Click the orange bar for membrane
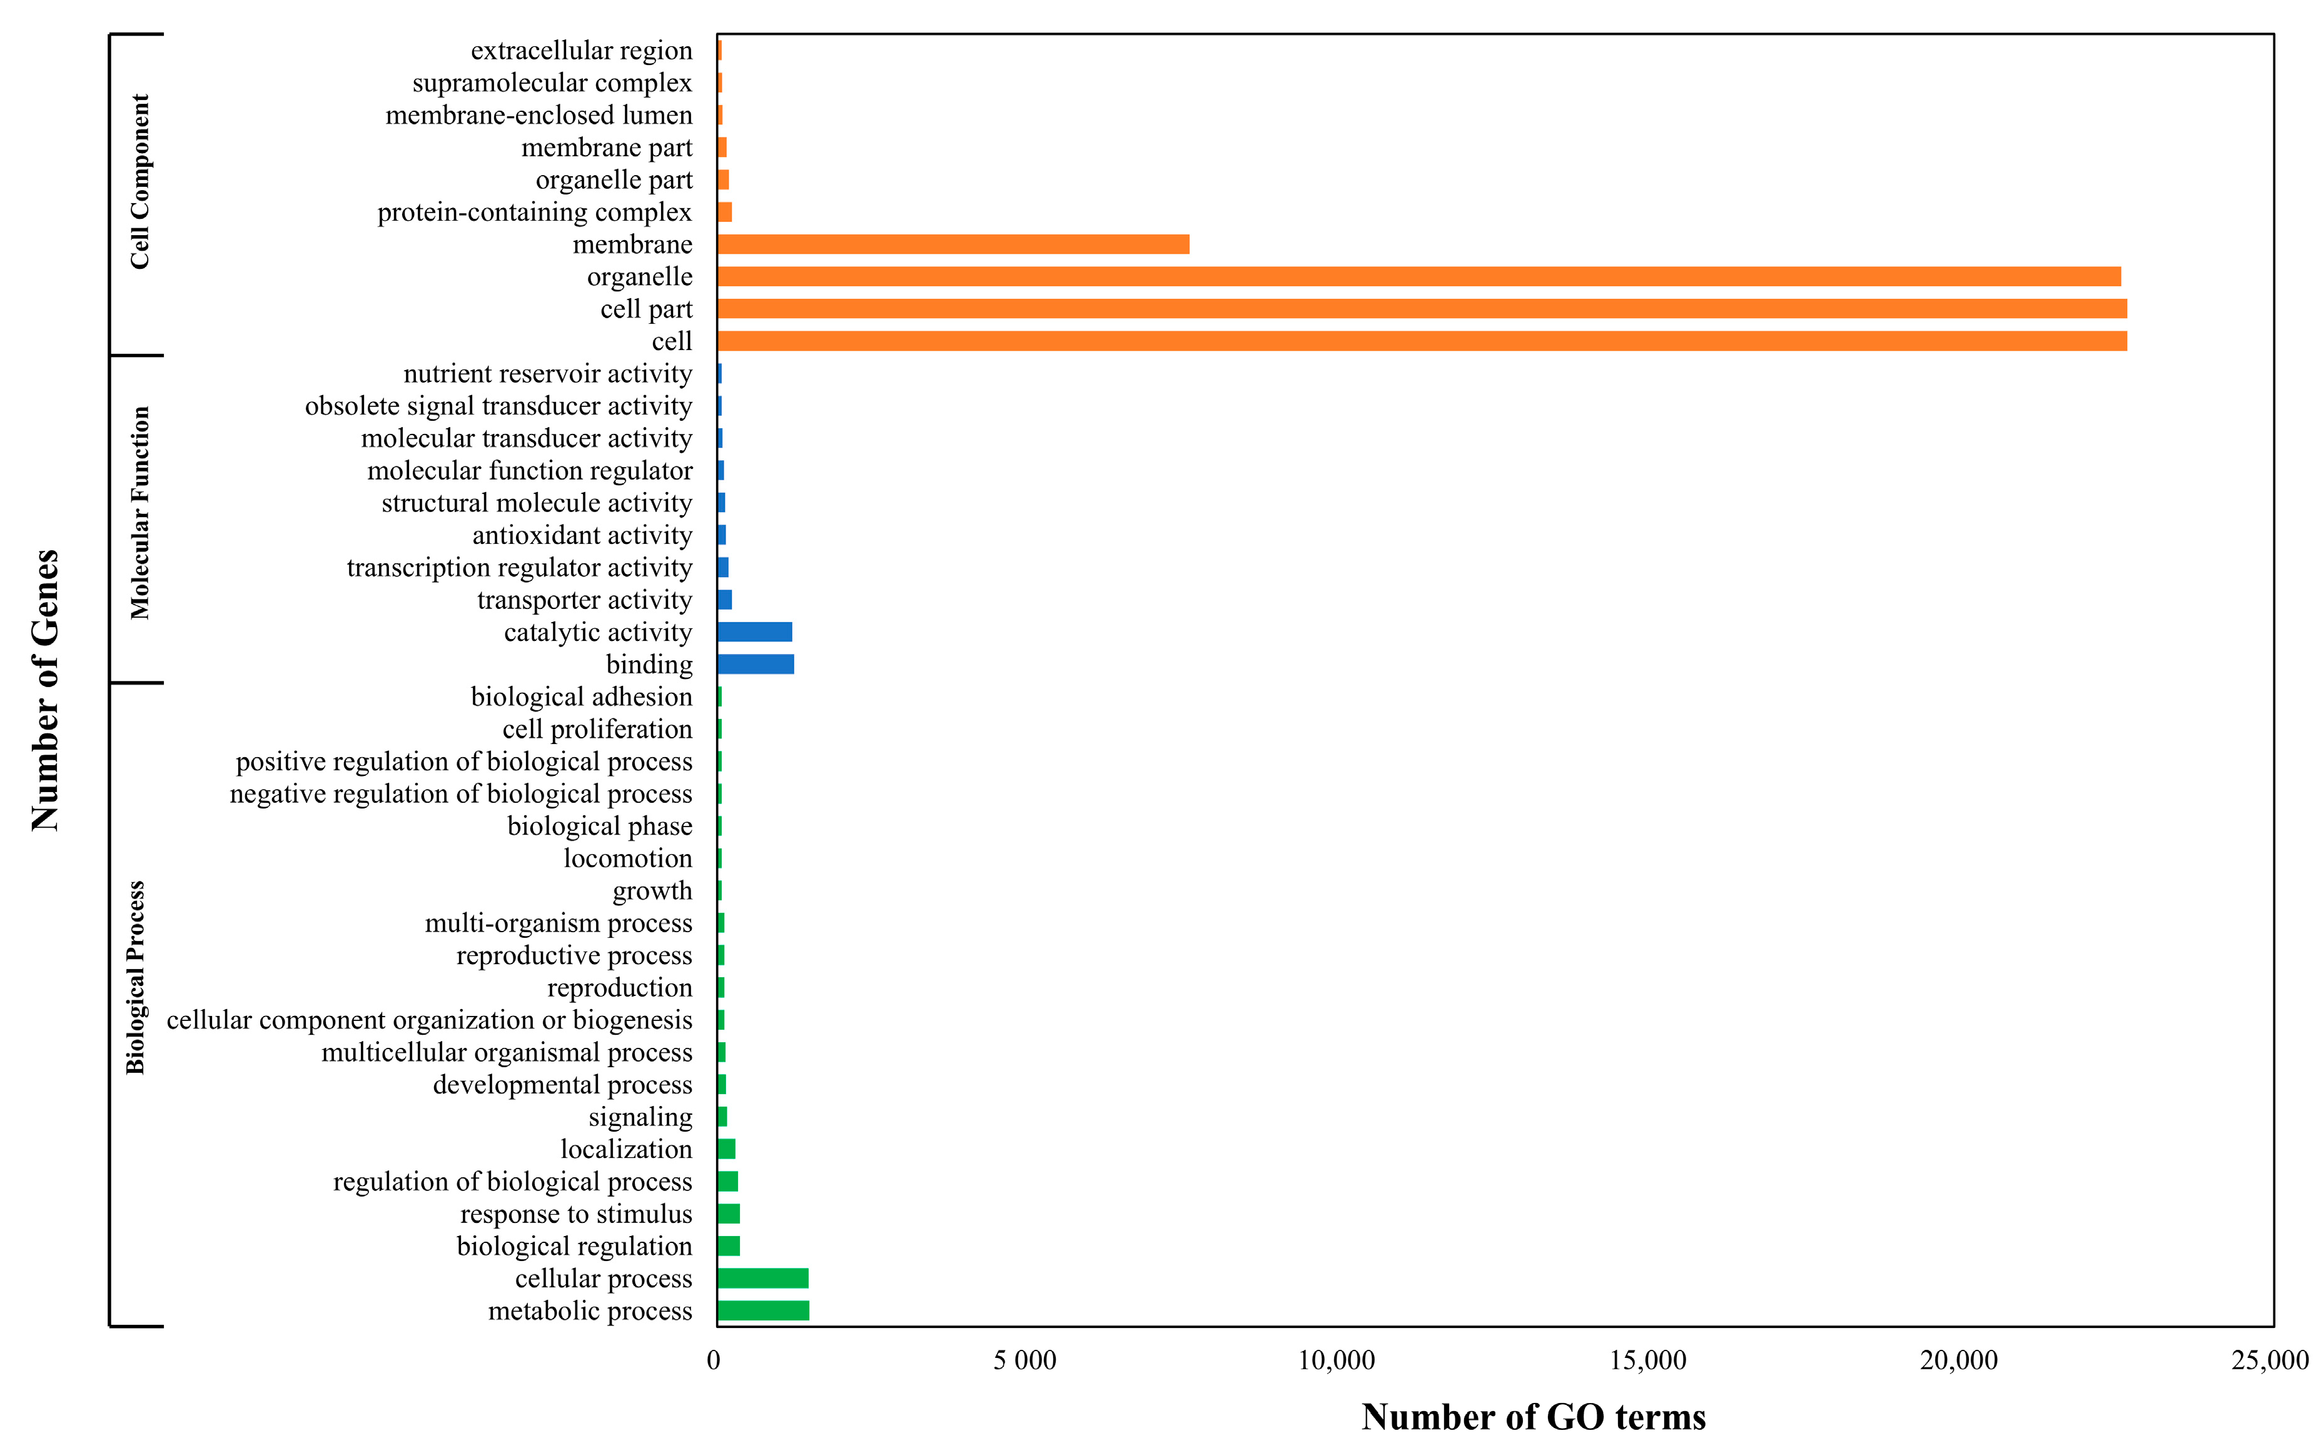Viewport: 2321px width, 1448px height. tap(953, 244)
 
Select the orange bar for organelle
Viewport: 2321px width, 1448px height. tap(1418, 277)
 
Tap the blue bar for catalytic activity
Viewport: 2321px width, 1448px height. tap(755, 632)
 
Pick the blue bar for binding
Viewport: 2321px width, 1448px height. tap(756, 665)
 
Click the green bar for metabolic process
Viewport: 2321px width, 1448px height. tap(764, 1311)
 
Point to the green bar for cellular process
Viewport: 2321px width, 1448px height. tap(762, 1279)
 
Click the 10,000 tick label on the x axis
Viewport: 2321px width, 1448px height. tap(1337, 1361)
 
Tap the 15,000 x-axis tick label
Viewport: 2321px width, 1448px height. tap(1647, 1361)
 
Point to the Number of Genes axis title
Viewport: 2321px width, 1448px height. tap(45, 690)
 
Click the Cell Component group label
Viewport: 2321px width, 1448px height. tap(140, 182)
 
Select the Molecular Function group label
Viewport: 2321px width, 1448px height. tap(140, 513)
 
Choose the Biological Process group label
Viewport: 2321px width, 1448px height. tap(136, 977)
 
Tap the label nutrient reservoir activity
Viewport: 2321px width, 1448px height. tap(547, 373)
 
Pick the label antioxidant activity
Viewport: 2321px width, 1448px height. tap(582, 535)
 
